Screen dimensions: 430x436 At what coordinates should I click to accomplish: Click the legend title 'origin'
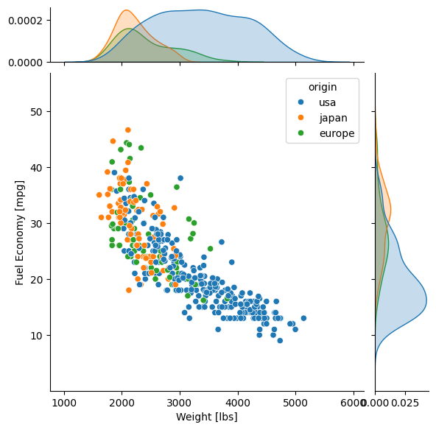[322, 86]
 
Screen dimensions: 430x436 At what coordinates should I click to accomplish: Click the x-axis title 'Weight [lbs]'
[206, 417]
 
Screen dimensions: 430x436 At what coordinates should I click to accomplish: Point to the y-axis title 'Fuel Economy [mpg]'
[21, 232]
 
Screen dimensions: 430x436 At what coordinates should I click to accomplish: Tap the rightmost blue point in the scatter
[303, 318]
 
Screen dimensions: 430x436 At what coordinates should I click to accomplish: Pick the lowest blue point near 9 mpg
[280, 340]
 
